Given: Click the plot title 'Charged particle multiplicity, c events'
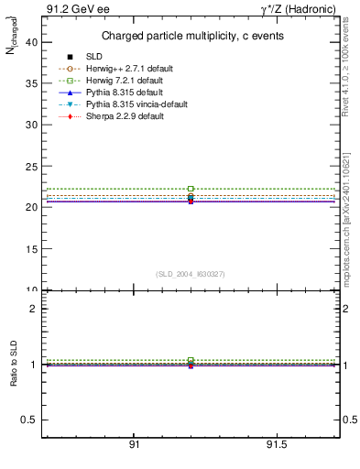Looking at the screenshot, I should tap(191, 36).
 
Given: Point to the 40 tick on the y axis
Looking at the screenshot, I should tap(31, 41).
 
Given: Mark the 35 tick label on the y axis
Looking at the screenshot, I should tap(31, 82).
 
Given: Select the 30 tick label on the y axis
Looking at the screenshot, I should tap(31, 125).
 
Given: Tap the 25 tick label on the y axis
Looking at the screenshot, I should tap(31, 166).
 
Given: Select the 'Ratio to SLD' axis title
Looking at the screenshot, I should tap(14, 364).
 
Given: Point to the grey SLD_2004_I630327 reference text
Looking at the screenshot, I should tap(190, 273).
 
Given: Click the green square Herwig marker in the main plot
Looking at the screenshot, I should tap(191, 189).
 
